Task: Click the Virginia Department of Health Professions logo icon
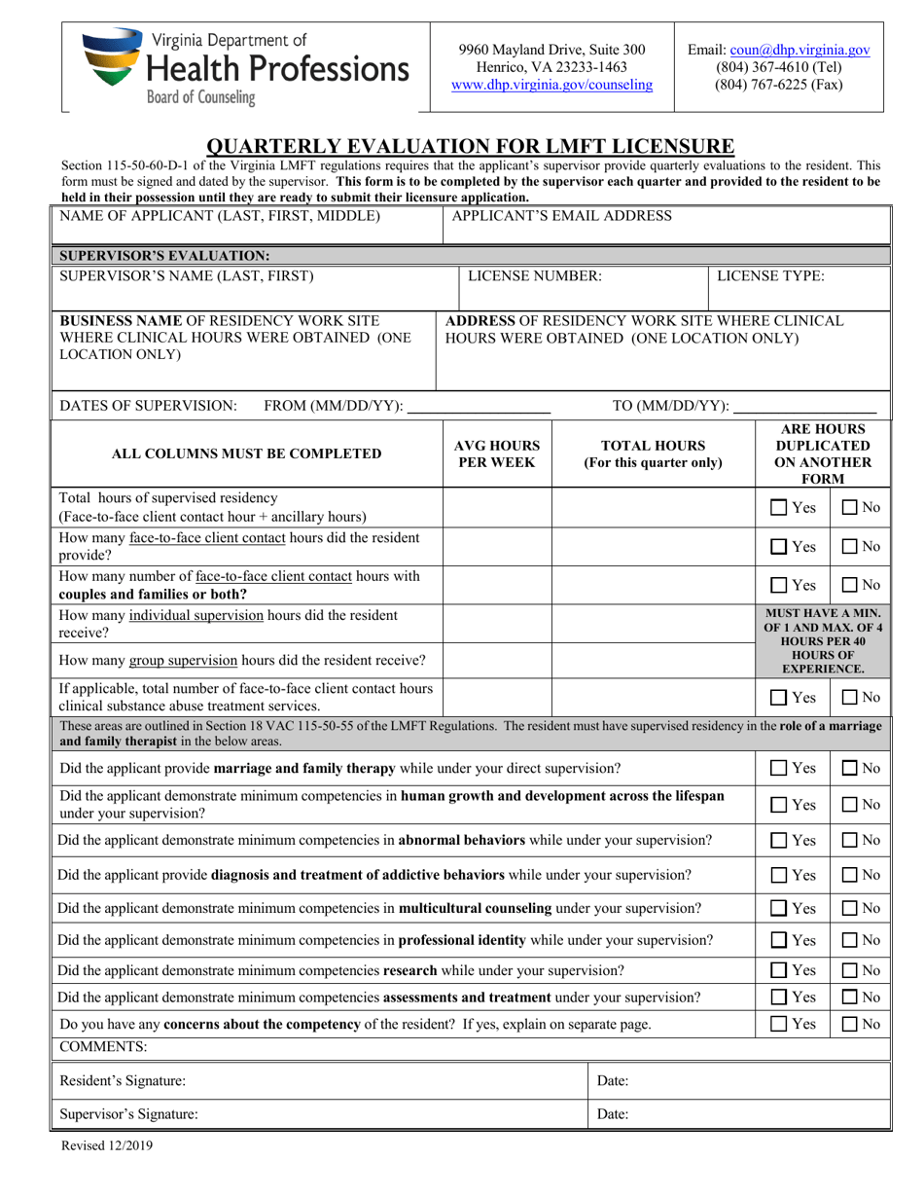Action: click(112, 59)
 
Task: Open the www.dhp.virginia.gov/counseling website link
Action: click(551, 85)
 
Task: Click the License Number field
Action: click(584, 286)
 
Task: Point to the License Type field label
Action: click(770, 276)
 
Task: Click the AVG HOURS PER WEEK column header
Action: click(497, 454)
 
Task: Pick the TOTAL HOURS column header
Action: click(653, 454)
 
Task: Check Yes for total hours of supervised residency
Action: click(780, 507)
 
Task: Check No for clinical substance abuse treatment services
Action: click(849, 697)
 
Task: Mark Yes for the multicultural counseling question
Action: click(780, 908)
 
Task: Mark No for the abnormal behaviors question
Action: click(849, 840)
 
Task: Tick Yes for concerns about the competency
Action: click(780, 1024)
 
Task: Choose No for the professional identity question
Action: click(849, 940)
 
